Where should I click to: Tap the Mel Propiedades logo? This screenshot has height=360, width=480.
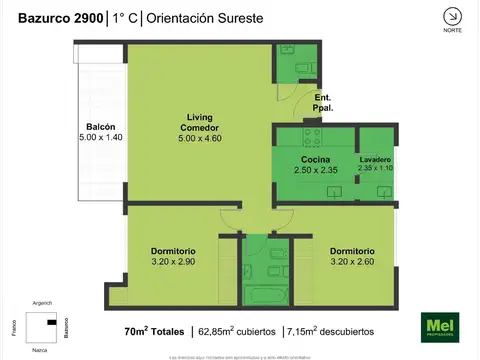pos(438,326)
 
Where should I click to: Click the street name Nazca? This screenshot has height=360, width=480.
pos(40,350)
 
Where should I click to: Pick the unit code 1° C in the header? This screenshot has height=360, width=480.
pos(126,17)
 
